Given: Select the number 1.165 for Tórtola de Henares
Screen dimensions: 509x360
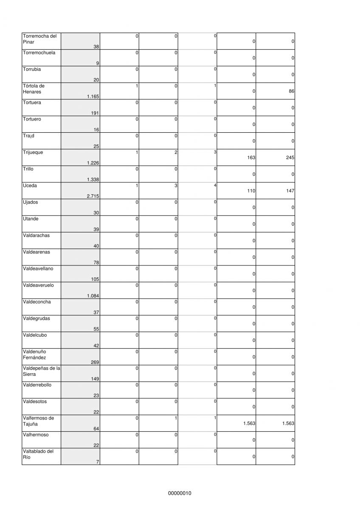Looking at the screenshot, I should pyautogui.click(x=93, y=97).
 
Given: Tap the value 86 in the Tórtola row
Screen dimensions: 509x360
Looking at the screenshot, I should pyautogui.click(x=291, y=91).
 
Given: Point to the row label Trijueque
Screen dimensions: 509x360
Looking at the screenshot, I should pyautogui.click(x=33, y=152).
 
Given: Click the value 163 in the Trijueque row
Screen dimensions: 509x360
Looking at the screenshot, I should pyautogui.click(x=251, y=157).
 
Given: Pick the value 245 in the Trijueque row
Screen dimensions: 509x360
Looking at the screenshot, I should pyautogui.click(x=290, y=157).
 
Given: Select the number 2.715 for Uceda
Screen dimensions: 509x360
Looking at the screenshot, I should pyautogui.click(x=93, y=196).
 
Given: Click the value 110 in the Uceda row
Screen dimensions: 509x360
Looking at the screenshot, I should pyautogui.click(x=251, y=191).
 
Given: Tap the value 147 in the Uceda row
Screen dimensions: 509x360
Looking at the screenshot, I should pyautogui.click(x=290, y=191).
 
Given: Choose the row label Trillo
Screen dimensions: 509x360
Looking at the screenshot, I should pyautogui.click(x=28, y=169).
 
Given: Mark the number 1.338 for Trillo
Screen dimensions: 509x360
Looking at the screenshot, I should pyautogui.click(x=93, y=180).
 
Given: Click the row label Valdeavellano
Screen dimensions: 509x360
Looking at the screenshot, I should pyautogui.click(x=38, y=268).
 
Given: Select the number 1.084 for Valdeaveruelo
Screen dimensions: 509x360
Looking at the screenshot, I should pyautogui.click(x=93, y=296).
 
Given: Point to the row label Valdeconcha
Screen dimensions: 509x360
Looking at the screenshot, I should pyautogui.click(x=37, y=302).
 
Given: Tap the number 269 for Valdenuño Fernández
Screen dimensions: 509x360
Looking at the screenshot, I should pyautogui.click(x=95, y=362).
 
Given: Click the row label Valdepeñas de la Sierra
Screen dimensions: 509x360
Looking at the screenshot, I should pyautogui.click(x=41, y=371).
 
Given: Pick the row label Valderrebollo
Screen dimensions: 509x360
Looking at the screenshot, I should pyautogui.click(x=37, y=385).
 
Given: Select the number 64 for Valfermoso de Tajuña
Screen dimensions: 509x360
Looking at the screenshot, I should pyautogui.click(x=96, y=428).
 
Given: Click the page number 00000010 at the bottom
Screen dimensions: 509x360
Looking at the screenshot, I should pyautogui.click(x=180, y=493).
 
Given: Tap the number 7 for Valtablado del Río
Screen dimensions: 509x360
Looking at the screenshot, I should pyautogui.click(x=98, y=461).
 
